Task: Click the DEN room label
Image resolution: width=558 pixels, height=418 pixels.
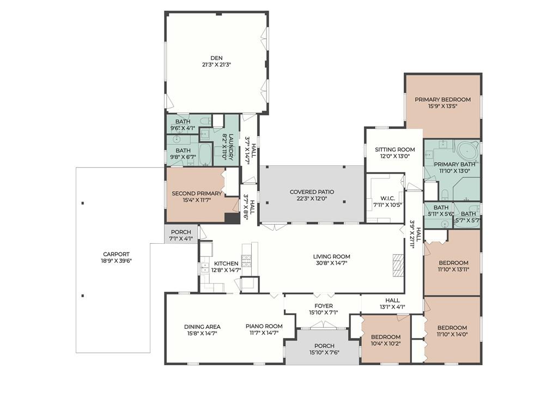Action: tap(216, 58)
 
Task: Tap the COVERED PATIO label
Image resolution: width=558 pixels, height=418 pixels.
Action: tap(312, 192)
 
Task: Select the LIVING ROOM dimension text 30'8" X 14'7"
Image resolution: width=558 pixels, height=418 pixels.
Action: tap(332, 263)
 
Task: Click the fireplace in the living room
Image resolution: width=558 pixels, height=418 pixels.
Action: tap(398, 265)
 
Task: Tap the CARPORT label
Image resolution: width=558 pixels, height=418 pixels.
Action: tap(117, 254)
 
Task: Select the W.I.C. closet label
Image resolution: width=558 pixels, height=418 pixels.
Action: tap(387, 198)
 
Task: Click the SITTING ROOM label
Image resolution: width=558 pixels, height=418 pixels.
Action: tap(395, 150)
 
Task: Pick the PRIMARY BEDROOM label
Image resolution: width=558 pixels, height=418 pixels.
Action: tap(442, 100)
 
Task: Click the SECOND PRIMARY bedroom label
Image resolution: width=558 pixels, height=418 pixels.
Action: tap(197, 193)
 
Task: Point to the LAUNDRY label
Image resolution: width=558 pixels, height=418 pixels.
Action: tap(231, 147)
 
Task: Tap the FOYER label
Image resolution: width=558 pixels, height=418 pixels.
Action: tap(324, 306)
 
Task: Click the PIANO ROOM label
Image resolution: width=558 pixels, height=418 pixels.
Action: tap(264, 327)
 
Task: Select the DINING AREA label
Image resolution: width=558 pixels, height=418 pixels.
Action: tap(202, 327)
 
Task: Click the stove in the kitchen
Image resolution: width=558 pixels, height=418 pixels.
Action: tap(246, 261)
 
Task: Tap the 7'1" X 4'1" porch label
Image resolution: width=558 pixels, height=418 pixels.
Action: tap(181, 239)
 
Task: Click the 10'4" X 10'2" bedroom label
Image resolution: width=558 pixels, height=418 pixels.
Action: tap(386, 344)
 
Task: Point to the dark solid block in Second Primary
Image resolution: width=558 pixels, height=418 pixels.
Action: tap(232, 218)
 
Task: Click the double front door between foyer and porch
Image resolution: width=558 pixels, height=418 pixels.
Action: tap(323, 324)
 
